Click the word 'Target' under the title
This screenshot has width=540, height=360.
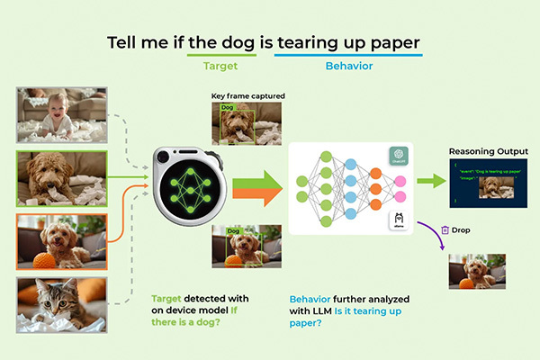220,66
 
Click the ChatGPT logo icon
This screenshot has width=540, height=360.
399,157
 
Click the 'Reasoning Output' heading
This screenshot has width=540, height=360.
489,151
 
